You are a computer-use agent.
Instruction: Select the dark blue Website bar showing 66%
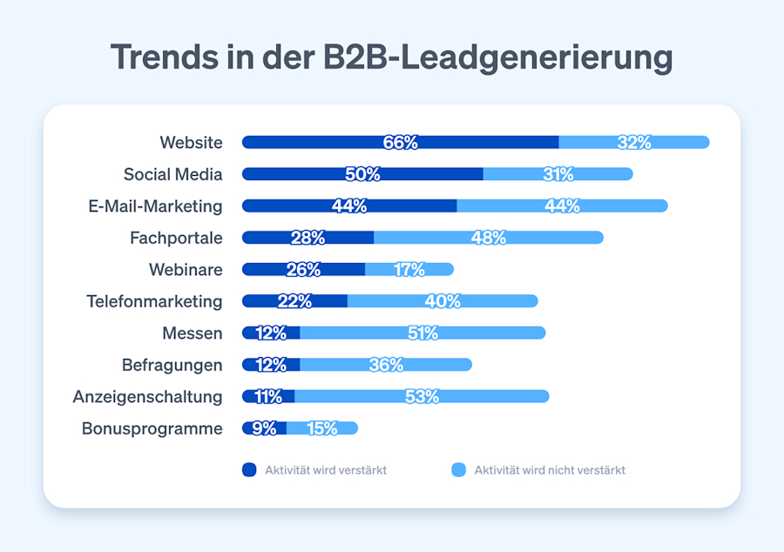click(x=400, y=142)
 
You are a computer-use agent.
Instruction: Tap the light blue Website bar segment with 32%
click(x=633, y=142)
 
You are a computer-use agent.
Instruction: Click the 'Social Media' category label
click(x=172, y=174)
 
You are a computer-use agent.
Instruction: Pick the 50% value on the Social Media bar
click(x=362, y=174)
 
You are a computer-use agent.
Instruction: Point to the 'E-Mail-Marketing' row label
click(x=155, y=205)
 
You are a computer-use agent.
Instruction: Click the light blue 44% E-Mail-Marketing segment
click(x=562, y=205)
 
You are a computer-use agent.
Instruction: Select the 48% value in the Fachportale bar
click(x=488, y=238)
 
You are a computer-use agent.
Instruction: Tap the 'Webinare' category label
click(x=186, y=270)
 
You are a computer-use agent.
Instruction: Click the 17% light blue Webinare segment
click(x=409, y=270)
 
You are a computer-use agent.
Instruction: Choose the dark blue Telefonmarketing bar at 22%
click(x=294, y=301)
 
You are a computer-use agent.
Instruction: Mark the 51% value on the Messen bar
click(x=422, y=333)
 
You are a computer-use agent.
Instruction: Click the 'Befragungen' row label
click(x=172, y=365)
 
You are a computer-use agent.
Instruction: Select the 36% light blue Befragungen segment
click(x=386, y=365)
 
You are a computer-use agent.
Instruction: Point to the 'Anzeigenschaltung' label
click(x=147, y=396)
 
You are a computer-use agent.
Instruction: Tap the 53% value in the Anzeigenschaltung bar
click(x=422, y=396)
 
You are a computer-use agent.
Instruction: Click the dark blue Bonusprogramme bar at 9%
click(x=264, y=428)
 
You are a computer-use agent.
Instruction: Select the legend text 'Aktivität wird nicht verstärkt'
click(x=550, y=470)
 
